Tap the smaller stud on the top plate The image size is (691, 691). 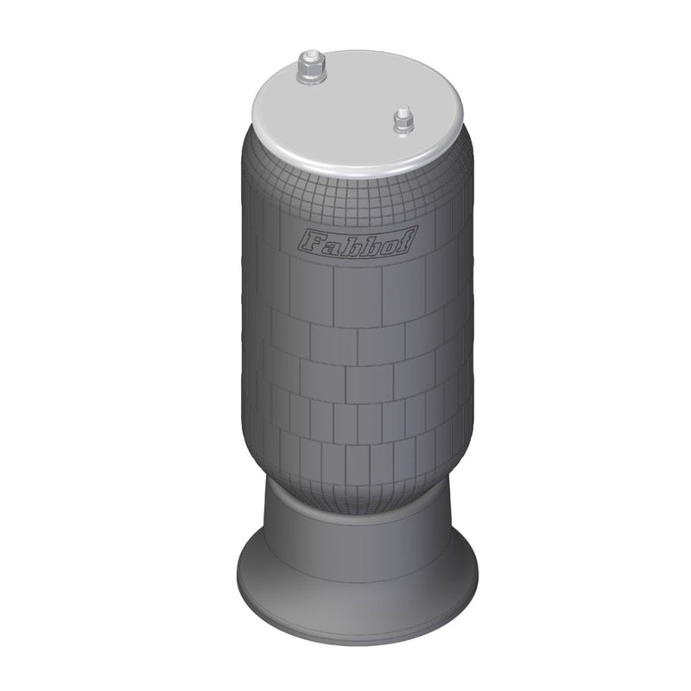point(401,121)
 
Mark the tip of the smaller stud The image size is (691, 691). point(401,111)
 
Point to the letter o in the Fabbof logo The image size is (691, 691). point(389,240)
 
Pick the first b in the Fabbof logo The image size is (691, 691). point(347,242)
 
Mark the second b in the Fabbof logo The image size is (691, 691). point(369,241)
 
